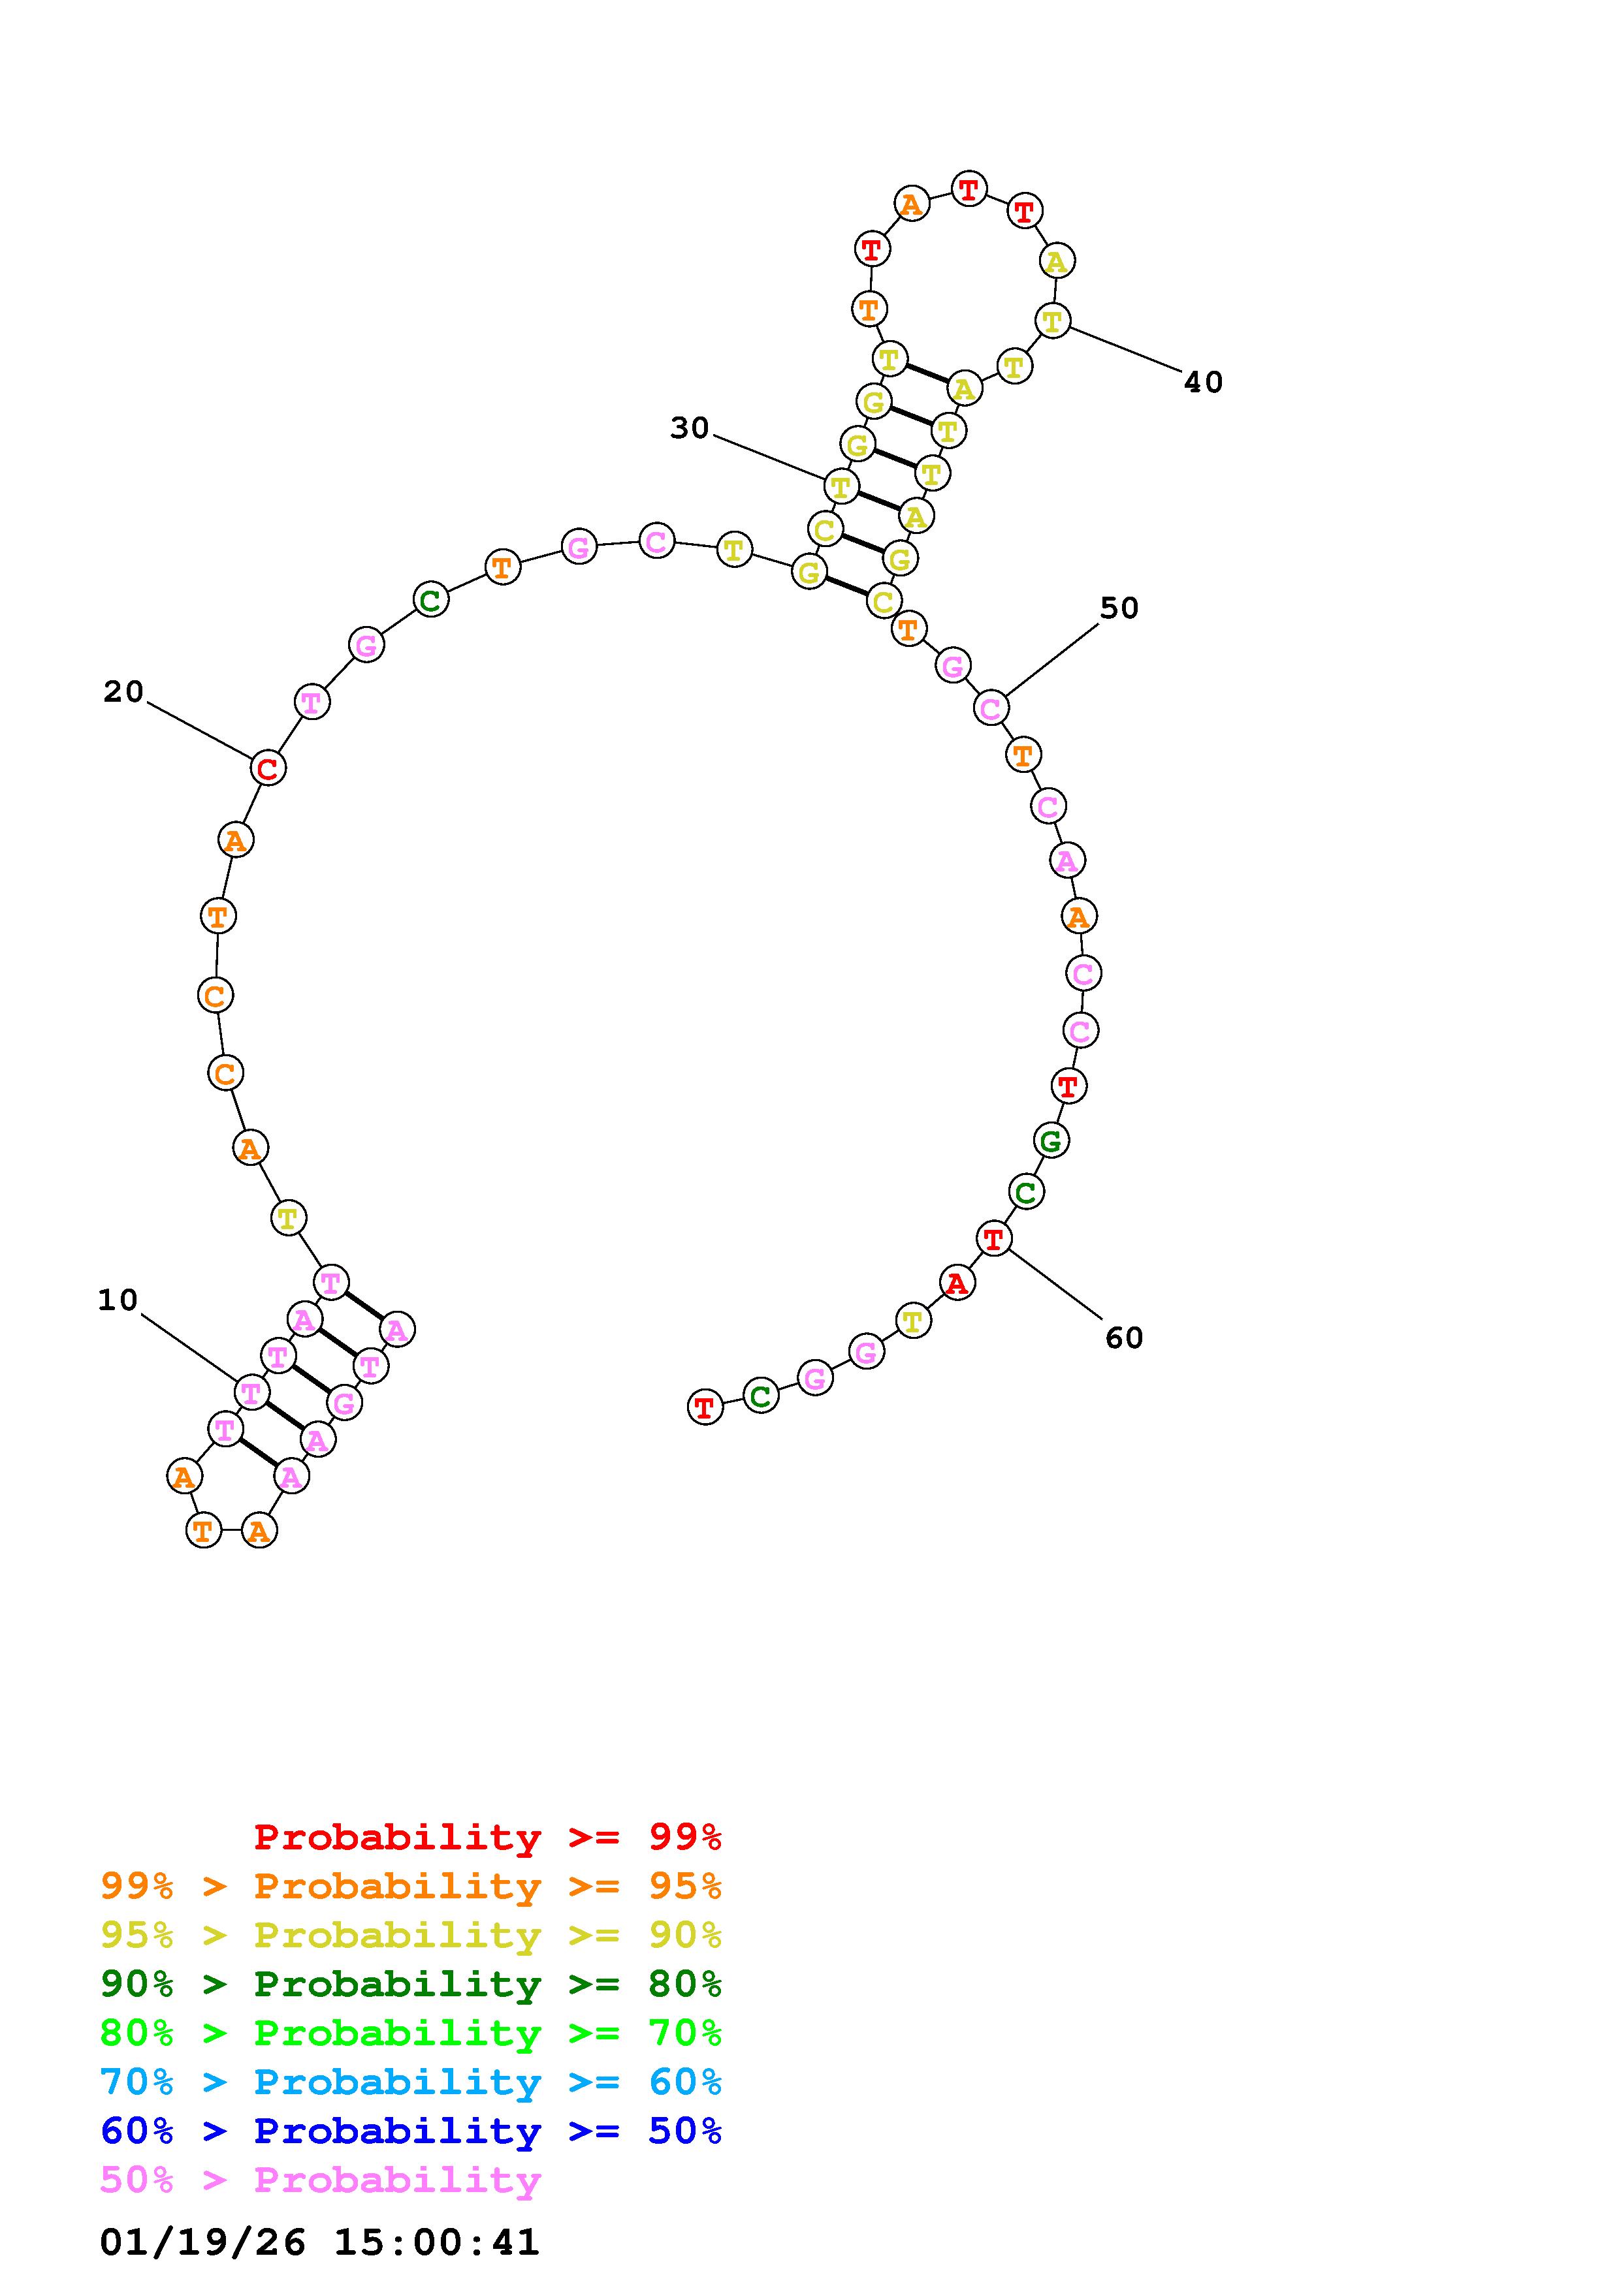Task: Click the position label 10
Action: click(x=118, y=1300)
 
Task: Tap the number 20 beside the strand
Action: click(x=123, y=691)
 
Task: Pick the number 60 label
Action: click(x=1124, y=1338)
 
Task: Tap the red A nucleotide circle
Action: click(x=957, y=1283)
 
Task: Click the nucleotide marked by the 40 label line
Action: click(x=1052, y=321)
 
